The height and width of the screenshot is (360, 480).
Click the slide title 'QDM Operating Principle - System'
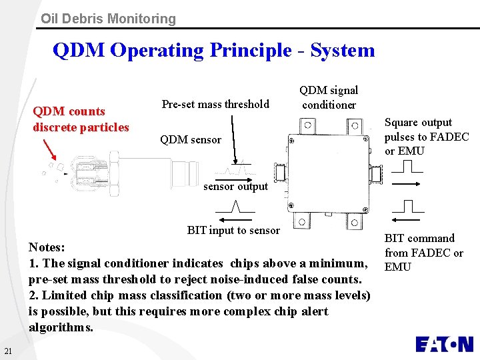pos(213,51)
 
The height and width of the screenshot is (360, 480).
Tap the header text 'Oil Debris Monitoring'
pos(108,19)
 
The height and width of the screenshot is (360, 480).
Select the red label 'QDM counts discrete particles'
pos(81,119)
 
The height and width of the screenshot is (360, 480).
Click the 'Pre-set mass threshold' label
pos(215,104)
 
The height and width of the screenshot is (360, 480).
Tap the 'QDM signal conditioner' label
pos(329,97)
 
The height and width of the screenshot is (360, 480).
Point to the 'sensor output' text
pos(235,187)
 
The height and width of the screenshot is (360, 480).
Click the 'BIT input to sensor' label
pos(233,231)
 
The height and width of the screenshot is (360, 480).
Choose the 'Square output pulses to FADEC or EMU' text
pos(427,137)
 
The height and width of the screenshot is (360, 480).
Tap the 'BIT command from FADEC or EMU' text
pos(424,253)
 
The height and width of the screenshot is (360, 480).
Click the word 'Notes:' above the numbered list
pos(47,247)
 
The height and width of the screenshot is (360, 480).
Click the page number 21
pos(7,351)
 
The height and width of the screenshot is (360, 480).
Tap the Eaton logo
pos(444,344)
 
